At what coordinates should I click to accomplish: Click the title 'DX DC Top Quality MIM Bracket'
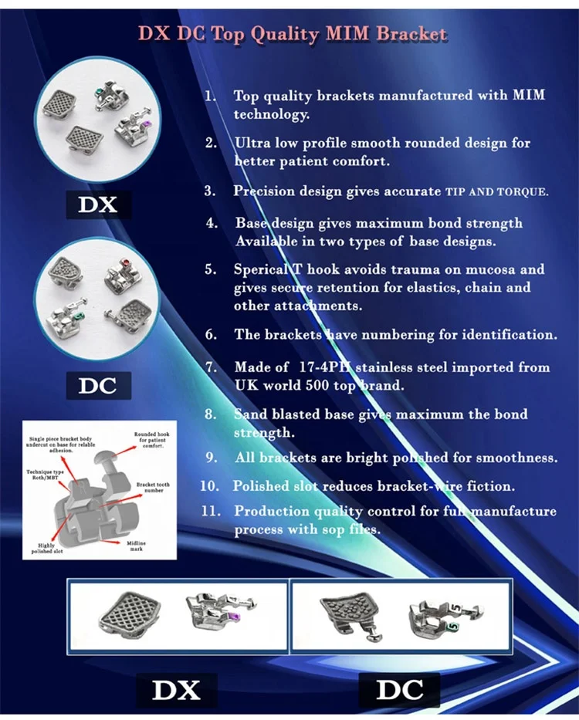coord(292,34)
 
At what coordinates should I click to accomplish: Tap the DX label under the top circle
coord(97,205)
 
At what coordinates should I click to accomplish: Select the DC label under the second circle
coord(97,385)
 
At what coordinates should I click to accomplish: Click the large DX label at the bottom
coord(176,689)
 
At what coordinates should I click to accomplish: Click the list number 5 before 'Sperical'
coord(211,269)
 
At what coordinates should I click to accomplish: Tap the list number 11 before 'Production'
coord(212,511)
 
